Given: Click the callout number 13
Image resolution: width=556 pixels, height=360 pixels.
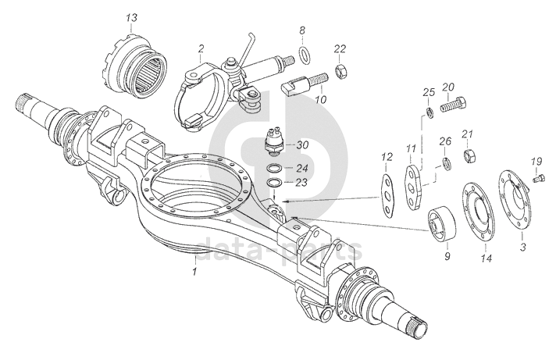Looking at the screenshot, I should pyautogui.click(x=130, y=17).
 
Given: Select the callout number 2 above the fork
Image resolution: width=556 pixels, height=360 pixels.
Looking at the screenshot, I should pyautogui.click(x=201, y=48).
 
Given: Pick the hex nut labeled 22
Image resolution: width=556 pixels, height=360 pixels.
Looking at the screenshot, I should pyautogui.click(x=340, y=73).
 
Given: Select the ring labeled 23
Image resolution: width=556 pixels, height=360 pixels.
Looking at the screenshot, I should pyautogui.click(x=274, y=183).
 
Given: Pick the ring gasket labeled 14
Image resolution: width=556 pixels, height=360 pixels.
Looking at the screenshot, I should pyautogui.click(x=478, y=210).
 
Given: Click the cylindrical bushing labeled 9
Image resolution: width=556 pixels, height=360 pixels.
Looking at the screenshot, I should pyautogui.click(x=439, y=225).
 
